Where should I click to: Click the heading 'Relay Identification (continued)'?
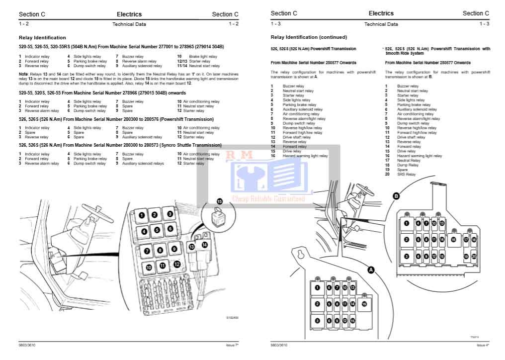tap(309, 37)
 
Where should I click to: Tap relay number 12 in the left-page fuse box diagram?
tap(176, 264)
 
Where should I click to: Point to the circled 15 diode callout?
tap(220, 201)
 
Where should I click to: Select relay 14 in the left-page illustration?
tap(204, 245)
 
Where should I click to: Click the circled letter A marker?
tap(370, 269)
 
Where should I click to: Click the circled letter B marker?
tap(396, 196)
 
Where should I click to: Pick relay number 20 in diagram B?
tap(474, 256)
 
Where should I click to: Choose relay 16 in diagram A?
tap(364, 303)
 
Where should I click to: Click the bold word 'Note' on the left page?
tap(23, 74)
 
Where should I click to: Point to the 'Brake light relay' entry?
tap(203, 57)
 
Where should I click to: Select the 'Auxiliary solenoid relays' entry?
tap(143, 163)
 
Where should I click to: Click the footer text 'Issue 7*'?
tap(232, 345)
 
